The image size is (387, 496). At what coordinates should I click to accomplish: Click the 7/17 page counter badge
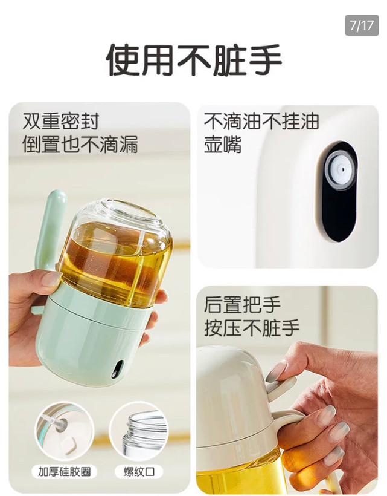click(x=362, y=25)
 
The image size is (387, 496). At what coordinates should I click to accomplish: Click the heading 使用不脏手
click(x=193, y=60)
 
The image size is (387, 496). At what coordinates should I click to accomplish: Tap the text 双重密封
click(x=61, y=121)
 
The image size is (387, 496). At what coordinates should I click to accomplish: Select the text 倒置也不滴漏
click(x=80, y=145)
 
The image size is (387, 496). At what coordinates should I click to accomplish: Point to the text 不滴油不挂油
click(x=261, y=121)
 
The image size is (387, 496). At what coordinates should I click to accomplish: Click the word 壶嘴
click(x=223, y=145)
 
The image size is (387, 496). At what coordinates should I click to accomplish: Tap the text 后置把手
click(x=242, y=304)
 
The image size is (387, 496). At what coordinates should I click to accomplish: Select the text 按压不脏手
click(x=252, y=328)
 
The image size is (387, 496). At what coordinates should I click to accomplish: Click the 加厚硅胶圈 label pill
click(x=64, y=472)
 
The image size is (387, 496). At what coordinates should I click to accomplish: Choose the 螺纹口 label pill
click(x=139, y=472)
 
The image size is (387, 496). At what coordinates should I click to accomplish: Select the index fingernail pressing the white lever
click(x=277, y=371)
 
